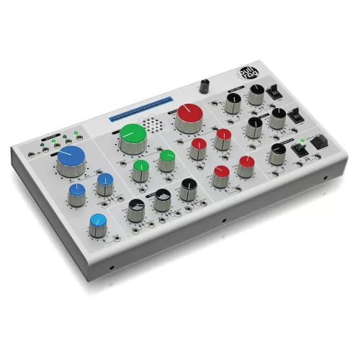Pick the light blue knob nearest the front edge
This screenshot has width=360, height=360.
click(98, 222)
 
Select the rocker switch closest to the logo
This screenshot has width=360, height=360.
click(274, 91)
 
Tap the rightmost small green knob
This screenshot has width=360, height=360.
click(167, 158)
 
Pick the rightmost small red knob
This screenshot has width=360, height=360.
click(247, 163)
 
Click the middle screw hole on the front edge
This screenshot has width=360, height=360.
click(224, 220)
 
